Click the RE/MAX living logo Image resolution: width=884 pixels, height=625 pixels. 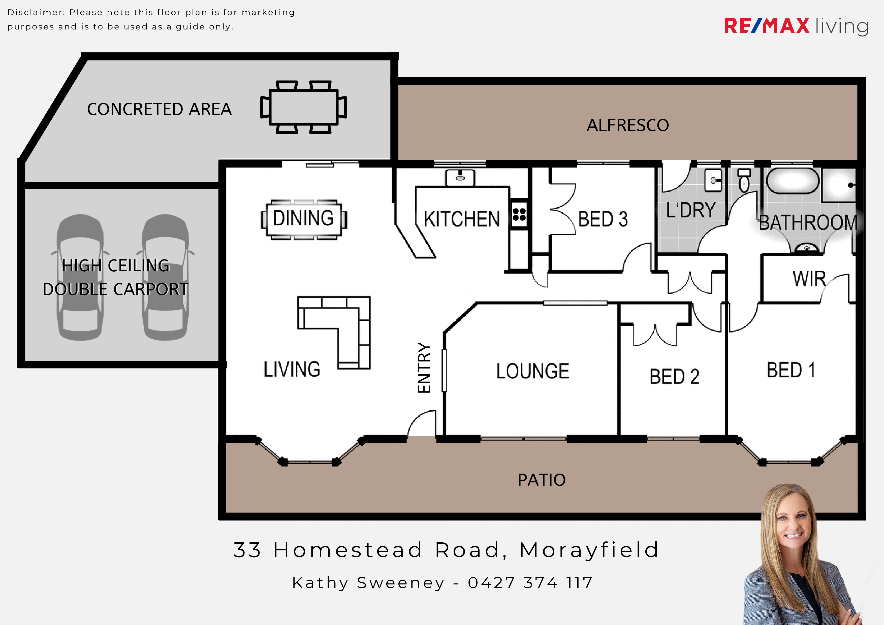pyautogui.click(x=796, y=26)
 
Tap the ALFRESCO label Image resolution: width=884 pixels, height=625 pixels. pyautogui.click(x=627, y=125)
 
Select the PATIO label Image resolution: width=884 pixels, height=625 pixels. pyautogui.click(x=541, y=480)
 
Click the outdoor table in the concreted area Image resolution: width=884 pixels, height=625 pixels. pyautogui.click(x=304, y=107)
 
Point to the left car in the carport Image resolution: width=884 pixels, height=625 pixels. pyautogui.click(x=80, y=277)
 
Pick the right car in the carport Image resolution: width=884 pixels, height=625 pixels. pyautogui.click(x=166, y=277)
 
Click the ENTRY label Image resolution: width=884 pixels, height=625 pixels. pyautogui.click(x=424, y=368)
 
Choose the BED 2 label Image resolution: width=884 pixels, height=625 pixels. pyautogui.click(x=674, y=376)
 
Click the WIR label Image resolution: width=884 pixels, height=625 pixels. pyautogui.click(x=809, y=279)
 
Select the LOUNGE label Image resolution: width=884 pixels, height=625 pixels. pyautogui.click(x=532, y=371)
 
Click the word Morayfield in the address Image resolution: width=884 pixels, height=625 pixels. pyautogui.click(x=589, y=550)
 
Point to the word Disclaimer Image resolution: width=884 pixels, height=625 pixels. pyautogui.click(x=36, y=12)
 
